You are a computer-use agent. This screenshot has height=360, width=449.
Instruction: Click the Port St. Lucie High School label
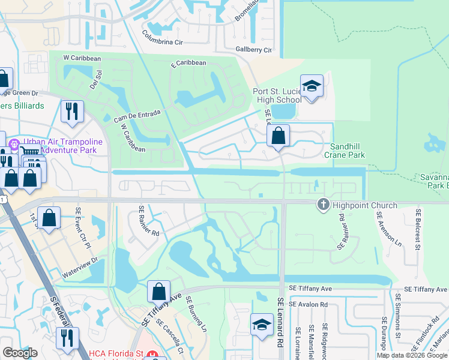click(276, 95)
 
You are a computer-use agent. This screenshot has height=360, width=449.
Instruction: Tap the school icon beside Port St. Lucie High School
click(312, 88)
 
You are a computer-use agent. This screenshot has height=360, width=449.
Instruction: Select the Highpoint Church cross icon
click(323, 205)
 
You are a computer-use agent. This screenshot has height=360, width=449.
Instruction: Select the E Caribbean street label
click(188, 63)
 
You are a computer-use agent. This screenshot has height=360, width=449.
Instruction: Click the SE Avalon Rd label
click(308, 305)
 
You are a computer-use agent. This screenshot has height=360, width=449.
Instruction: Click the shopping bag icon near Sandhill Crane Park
click(279, 137)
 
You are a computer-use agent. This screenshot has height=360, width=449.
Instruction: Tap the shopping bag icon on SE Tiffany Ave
click(158, 292)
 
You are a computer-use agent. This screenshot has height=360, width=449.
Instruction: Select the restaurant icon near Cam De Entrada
click(72, 112)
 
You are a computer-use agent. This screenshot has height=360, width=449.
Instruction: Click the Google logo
click(20, 353)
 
